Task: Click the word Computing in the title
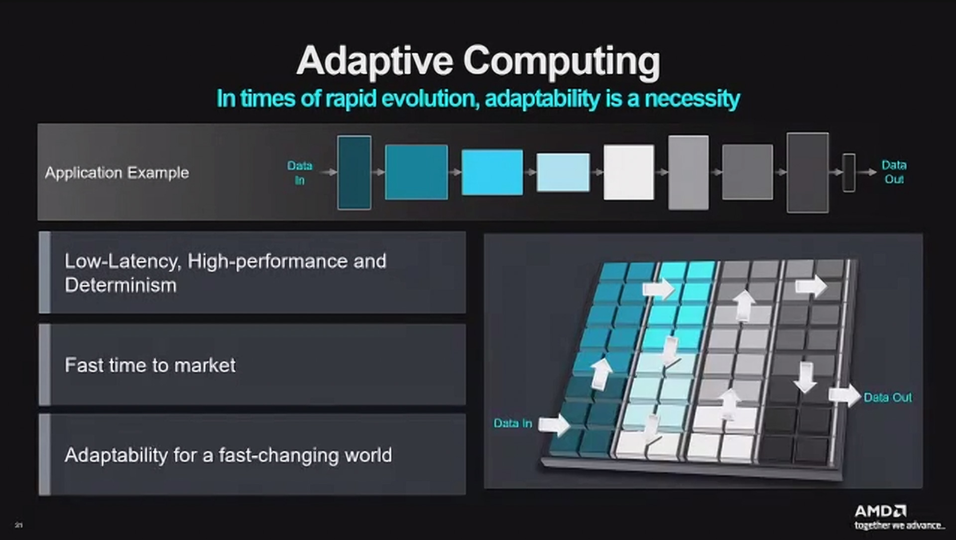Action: (561, 61)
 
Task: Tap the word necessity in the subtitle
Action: (692, 99)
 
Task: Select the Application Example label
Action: (117, 173)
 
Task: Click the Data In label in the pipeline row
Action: (299, 172)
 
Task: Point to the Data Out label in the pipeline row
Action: (894, 172)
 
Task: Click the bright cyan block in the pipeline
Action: (492, 172)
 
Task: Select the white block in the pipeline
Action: (628, 172)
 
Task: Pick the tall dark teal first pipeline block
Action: (354, 172)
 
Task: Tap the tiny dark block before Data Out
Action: (848, 172)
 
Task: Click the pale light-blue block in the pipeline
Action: (563, 172)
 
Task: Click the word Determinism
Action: (120, 286)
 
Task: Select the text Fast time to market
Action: (150, 365)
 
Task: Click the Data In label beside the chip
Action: (512, 424)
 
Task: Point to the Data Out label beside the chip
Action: (887, 398)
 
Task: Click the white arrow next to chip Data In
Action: (554, 425)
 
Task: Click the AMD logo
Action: (880, 511)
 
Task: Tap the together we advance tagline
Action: (899, 526)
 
